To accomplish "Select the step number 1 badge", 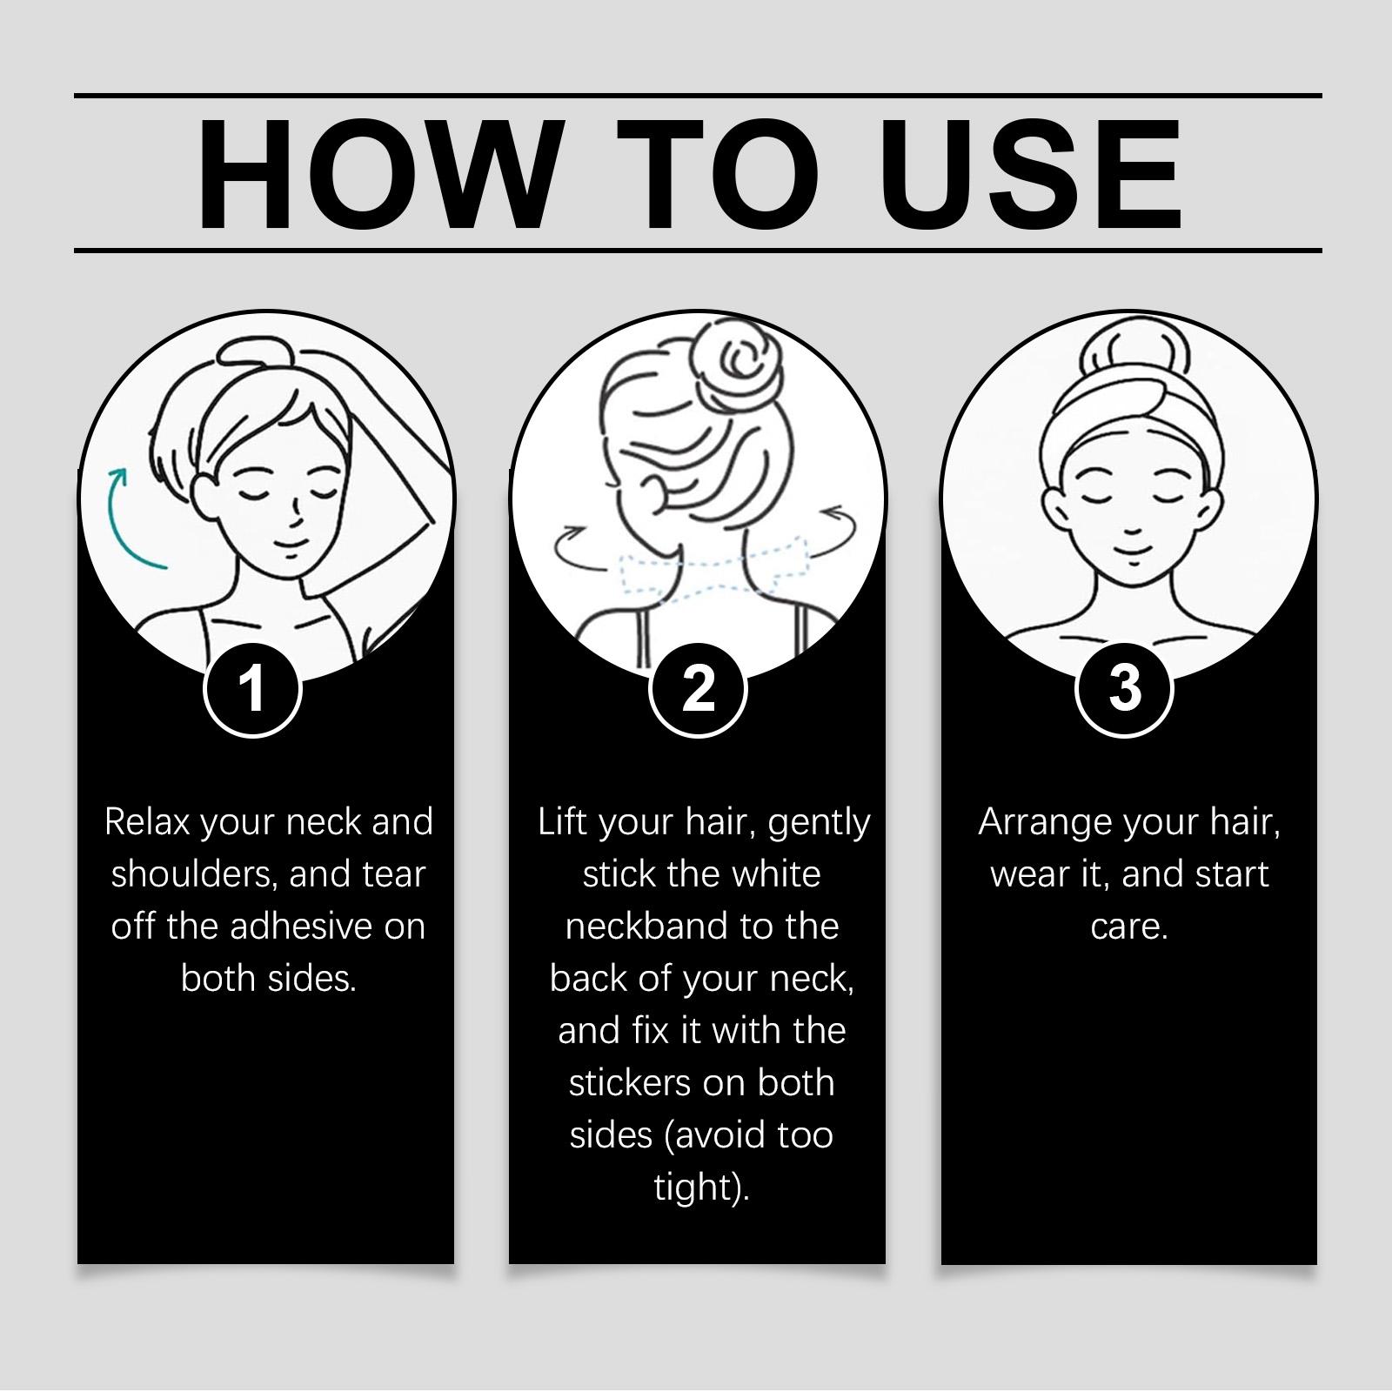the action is pyautogui.click(x=252, y=689).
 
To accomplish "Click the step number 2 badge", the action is pyautogui.click(x=698, y=689).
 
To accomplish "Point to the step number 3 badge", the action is pyautogui.click(x=1126, y=689).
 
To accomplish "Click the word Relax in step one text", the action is pyautogui.click(x=147, y=822).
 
